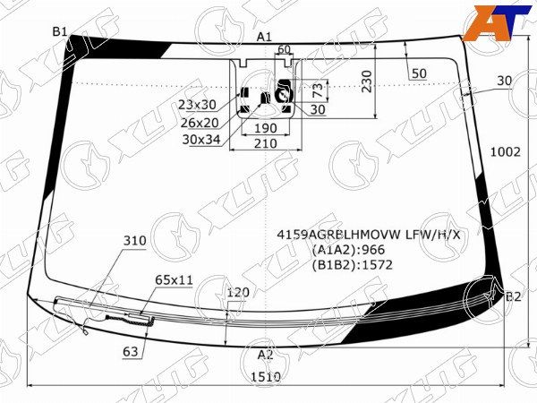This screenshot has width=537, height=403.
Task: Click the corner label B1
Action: tap(60, 31)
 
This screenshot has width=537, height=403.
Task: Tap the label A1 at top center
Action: tap(264, 37)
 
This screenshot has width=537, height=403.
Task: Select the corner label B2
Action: tap(513, 296)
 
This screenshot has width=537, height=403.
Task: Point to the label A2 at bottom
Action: tap(266, 354)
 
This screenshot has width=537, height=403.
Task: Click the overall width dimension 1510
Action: tap(266, 378)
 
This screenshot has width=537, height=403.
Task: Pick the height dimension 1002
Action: tap(505, 152)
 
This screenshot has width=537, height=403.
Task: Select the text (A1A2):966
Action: tap(343, 250)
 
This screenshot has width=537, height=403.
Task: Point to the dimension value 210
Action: tap(265, 143)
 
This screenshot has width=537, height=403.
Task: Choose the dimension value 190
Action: tap(265, 129)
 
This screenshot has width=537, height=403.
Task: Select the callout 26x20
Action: tap(200, 122)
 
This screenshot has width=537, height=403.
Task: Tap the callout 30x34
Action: tap(201, 139)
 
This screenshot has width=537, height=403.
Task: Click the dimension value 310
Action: tap(134, 241)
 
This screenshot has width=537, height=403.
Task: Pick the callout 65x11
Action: tap(174, 280)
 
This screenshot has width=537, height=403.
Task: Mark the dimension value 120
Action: tap(237, 293)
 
